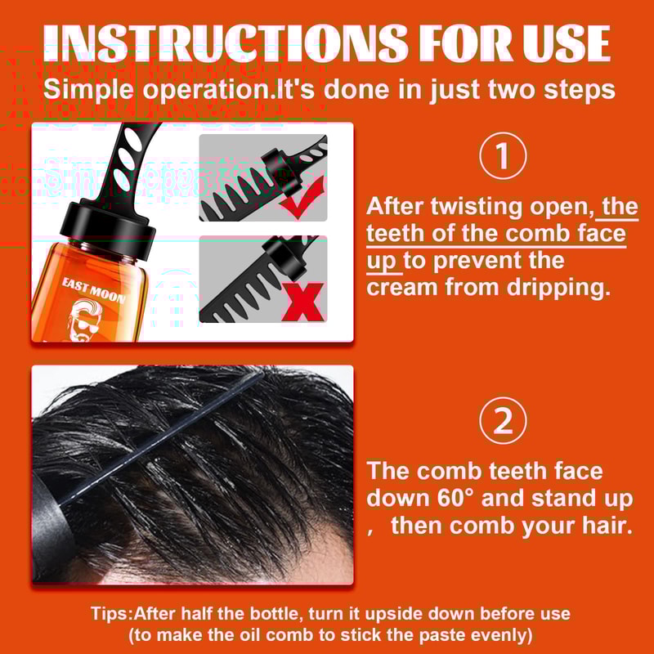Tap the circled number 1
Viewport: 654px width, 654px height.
pos(503,157)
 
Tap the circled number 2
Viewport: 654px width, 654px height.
pos(503,421)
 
